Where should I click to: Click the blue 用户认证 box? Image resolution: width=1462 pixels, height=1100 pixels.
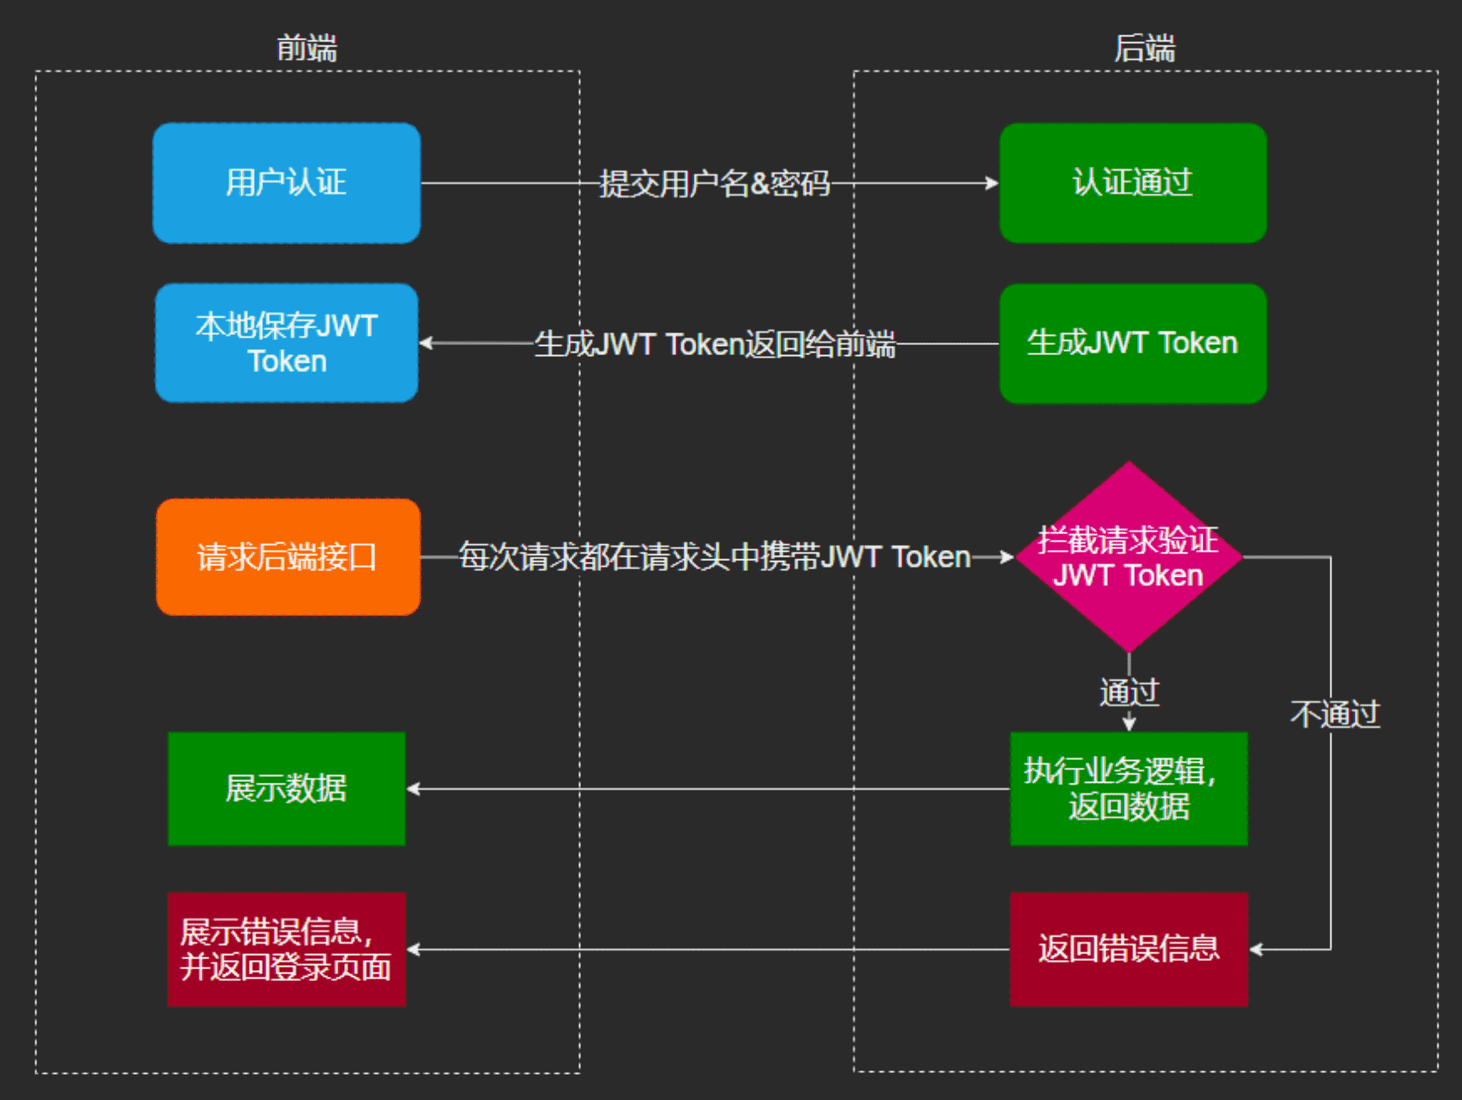(x=287, y=183)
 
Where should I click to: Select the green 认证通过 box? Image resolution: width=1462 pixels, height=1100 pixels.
(x=1133, y=183)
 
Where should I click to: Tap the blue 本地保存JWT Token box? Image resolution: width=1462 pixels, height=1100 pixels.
(x=287, y=343)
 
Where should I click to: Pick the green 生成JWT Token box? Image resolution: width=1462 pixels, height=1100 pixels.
(x=1133, y=343)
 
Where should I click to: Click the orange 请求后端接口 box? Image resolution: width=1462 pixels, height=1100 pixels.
(x=288, y=557)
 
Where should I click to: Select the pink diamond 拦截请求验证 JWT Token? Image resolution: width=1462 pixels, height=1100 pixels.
(x=1129, y=557)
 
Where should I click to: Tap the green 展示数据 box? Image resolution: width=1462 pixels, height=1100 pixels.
(x=287, y=789)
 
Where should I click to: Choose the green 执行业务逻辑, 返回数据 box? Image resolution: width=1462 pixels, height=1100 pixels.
(x=1129, y=789)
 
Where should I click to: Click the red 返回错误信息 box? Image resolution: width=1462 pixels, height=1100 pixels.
(x=1129, y=949)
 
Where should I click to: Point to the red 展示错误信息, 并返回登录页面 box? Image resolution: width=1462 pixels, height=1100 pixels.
(x=287, y=949)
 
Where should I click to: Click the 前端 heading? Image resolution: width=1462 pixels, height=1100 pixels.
(x=307, y=48)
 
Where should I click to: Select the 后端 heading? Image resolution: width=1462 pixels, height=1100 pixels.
(x=1145, y=48)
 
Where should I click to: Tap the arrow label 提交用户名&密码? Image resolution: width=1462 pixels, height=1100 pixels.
(x=715, y=183)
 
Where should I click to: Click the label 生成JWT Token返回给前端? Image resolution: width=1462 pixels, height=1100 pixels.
(x=715, y=344)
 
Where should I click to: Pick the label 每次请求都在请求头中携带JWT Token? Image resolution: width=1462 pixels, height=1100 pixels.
(x=715, y=557)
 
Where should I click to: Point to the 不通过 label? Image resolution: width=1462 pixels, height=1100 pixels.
(x=1336, y=714)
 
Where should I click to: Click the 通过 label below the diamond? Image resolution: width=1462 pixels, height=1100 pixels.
(x=1130, y=693)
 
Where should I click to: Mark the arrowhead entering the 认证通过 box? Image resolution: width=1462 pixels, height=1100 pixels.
(x=992, y=183)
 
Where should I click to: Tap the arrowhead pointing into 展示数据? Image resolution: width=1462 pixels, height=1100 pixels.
(x=413, y=789)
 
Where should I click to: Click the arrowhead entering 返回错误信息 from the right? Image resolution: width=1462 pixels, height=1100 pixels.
(x=1255, y=949)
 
